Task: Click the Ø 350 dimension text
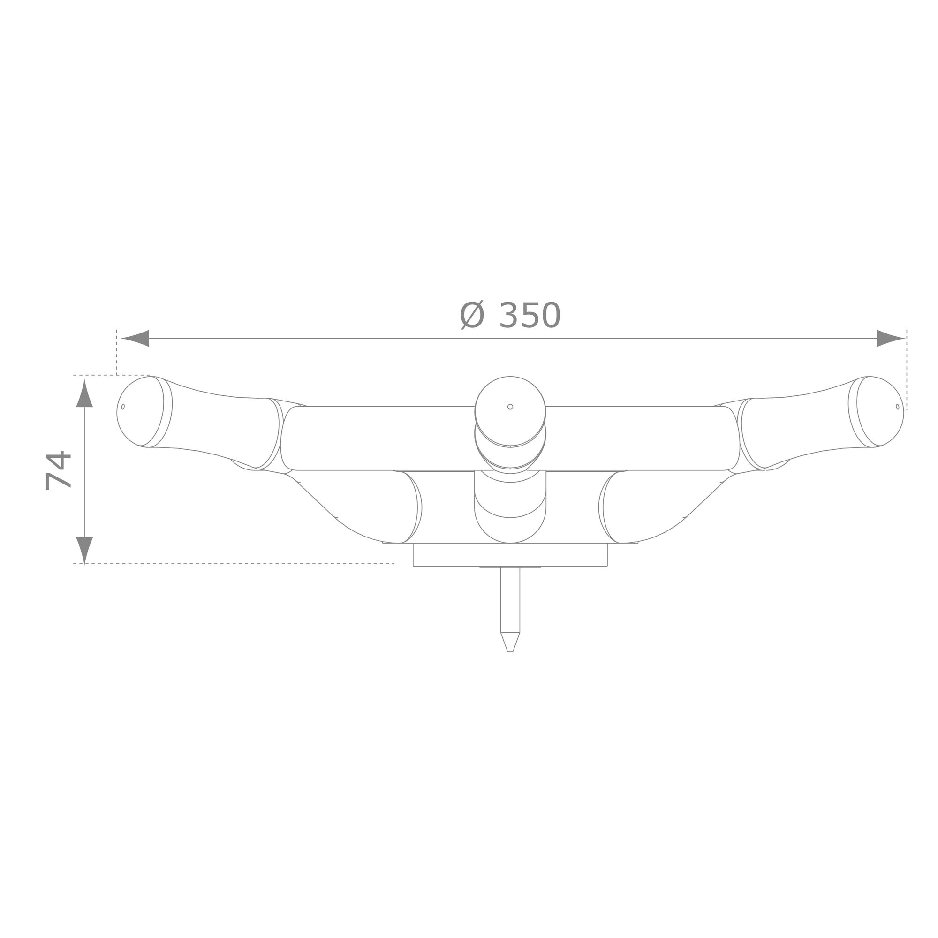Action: coord(510,316)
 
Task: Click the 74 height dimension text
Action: coord(59,471)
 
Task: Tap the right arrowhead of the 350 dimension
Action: coord(891,339)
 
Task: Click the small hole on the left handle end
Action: coord(123,407)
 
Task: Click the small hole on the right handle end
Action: coord(897,407)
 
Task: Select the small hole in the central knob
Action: coord(510,407)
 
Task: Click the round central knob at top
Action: coord(510,412)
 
